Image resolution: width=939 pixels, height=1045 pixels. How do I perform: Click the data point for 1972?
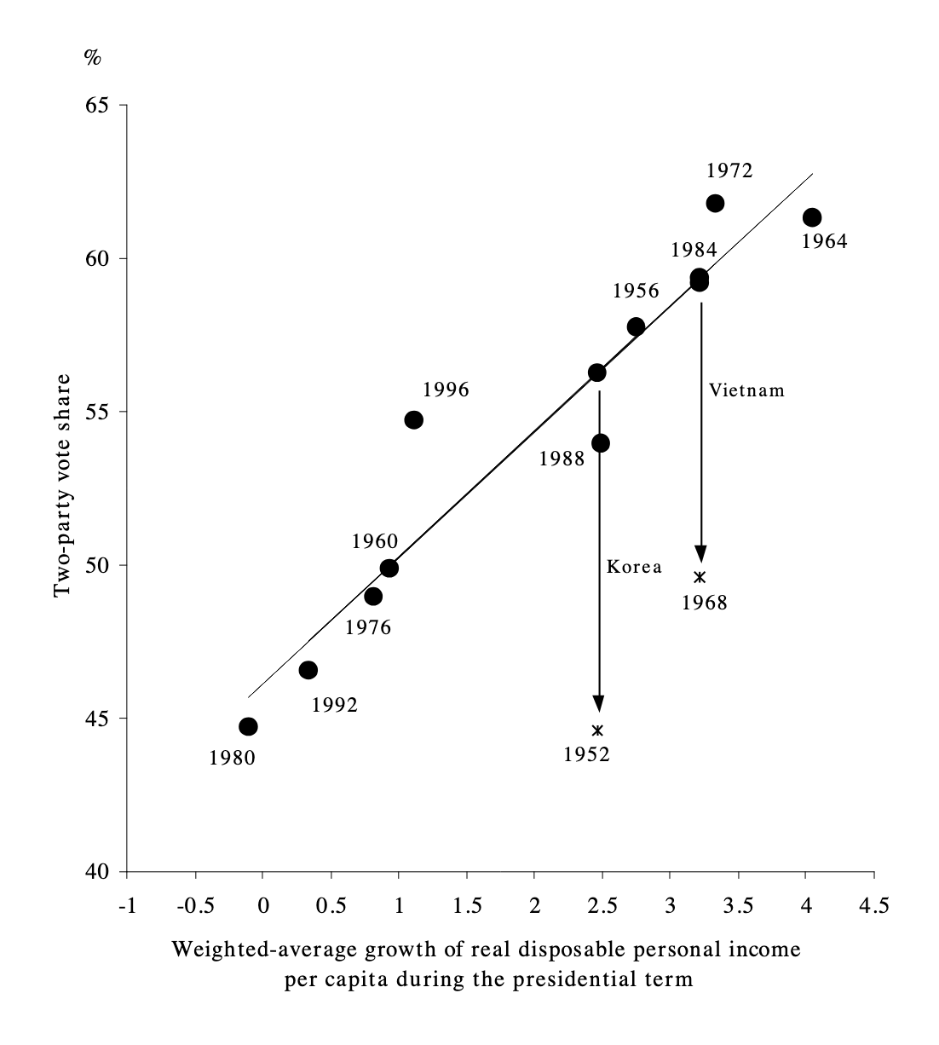coord(715,203)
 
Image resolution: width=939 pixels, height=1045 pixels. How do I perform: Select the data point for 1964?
coord(812,217)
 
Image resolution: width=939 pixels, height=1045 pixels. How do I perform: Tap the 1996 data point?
coord(414,419)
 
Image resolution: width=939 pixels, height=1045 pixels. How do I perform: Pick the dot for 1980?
coord(248,726)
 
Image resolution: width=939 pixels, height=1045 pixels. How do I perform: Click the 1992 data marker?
coord(308,670)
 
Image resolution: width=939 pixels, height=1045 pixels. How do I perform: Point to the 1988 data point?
coord(601,443)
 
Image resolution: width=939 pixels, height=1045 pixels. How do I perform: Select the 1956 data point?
coord(636,326)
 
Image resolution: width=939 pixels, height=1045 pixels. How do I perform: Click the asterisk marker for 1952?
coord(597,730)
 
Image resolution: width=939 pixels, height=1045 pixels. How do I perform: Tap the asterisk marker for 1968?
coord(700,577)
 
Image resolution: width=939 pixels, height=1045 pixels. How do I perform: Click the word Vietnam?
coord(746,390)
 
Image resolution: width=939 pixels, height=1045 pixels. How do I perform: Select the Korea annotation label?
coord(634,567)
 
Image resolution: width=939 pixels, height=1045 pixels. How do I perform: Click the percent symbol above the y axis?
coord(92,57)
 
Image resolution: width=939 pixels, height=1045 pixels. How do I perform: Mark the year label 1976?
coord(368,628)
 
